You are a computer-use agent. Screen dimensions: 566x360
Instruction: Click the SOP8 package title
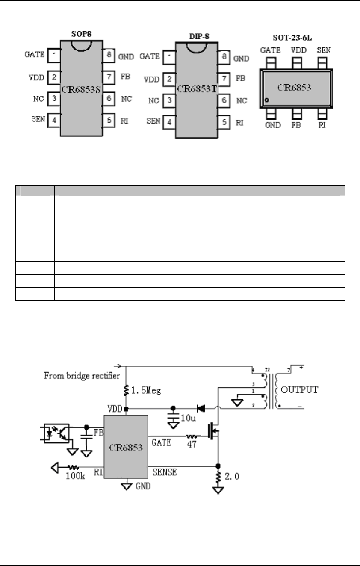(81, 34)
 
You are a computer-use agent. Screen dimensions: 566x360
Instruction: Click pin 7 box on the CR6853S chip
(109, 77)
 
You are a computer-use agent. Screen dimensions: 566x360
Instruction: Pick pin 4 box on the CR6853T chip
(170, 121)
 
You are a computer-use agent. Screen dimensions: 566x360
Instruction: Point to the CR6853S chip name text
(81, 89)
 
